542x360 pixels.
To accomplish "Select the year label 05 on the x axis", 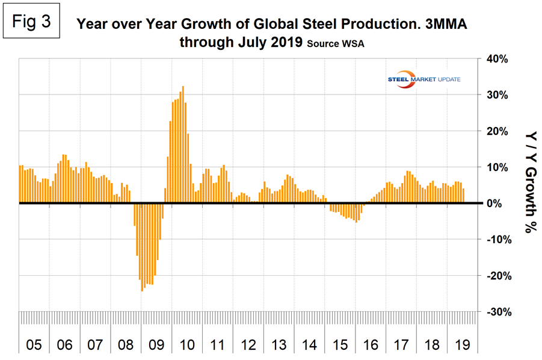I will pyautogui.click(x=34, y=345).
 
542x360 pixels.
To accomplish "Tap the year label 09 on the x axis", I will pyautogui.click(x=156, y=345).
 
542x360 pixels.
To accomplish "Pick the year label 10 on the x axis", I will pyautogui.click(x=186, y=345).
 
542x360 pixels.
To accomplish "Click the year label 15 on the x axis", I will pyautogui.click(x=340, y=345).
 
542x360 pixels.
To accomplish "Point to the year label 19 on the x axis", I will pyautogui.click(x=462, y=345).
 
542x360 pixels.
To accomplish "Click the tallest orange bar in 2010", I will pyautogui.click(x=183, y=144).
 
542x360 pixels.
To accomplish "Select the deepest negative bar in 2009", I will pyautogui.click(x=142, y=247).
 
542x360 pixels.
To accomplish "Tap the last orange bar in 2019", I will pyautogui.click(x=463, y=196).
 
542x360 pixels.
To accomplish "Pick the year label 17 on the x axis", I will pyautogui.click(x=401, y=345).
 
